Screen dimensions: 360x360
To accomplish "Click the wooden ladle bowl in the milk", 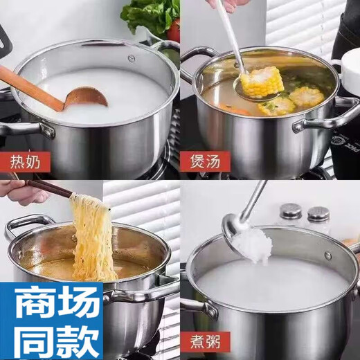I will tap(87, 98).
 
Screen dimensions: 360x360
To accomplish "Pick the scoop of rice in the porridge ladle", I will tap(246, 240).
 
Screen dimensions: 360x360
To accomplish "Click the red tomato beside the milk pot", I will tap(174, 30).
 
